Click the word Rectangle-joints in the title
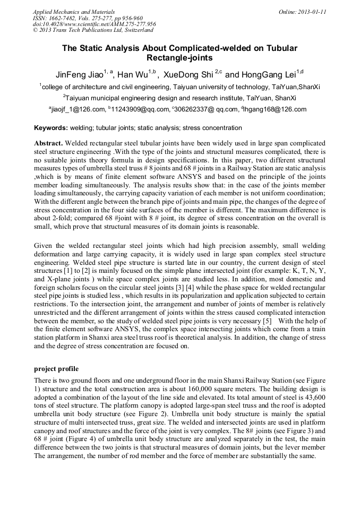179,57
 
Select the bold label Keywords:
50,128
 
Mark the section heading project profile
56,368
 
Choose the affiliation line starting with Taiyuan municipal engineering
179,98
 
